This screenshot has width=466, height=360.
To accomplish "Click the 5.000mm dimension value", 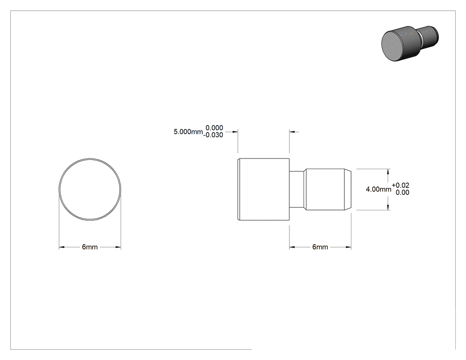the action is click(x=188, y=132).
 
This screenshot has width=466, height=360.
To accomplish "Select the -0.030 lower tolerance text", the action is click(x=213, y=135).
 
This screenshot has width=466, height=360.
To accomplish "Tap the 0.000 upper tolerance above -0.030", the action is click(x=214, y=128).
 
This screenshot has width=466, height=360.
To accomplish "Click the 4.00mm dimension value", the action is click(x=378, y=189).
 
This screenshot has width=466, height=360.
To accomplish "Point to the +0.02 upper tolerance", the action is click(x=401, y=185).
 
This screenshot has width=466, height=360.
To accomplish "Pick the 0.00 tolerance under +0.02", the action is click(x=403, y=192).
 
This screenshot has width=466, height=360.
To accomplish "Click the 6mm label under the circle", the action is click(x=90, y=247).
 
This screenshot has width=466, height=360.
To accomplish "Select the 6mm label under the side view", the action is click(x=320, y=247).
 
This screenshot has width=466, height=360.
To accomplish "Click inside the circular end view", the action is click(x=90, y=190).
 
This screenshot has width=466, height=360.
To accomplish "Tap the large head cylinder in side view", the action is click(x=264, y=190).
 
